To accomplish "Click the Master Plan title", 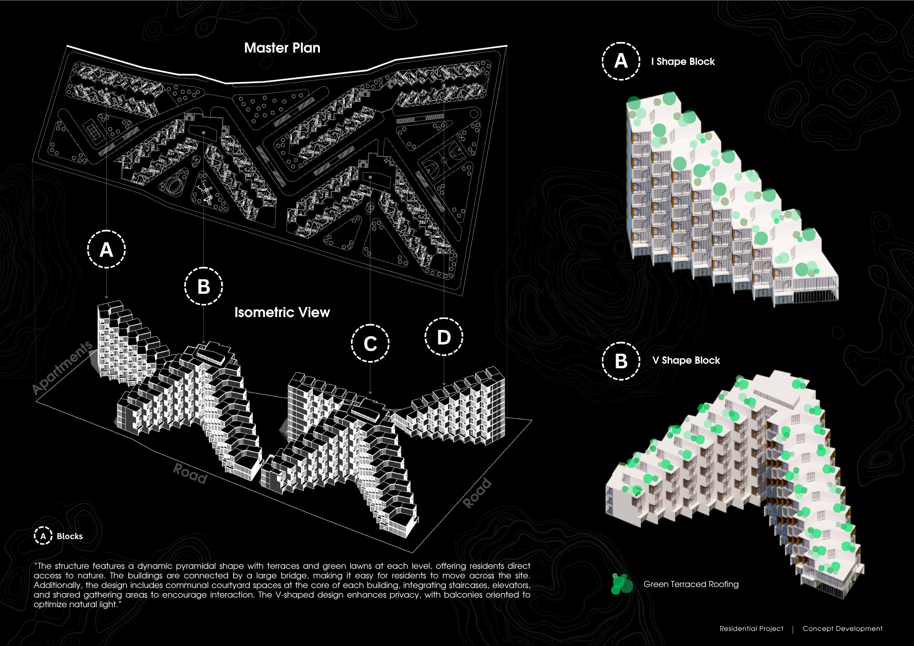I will [x=282, y=48].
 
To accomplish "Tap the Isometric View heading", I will [x=282, y=312].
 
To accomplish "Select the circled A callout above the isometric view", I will [x=106, y=249].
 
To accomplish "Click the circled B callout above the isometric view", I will [x=203, y=286].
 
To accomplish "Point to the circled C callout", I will [x=370, y=344].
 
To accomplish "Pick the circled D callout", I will [x=444, y=337].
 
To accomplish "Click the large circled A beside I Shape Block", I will [x=621, y=61].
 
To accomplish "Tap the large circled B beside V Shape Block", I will [x=621, y=361].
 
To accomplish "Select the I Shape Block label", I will [x=683, y=62].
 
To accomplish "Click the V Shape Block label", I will [x=686, y=360].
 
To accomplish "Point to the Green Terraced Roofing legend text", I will [x=691, y=584].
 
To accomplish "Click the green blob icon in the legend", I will [x=622, y=584].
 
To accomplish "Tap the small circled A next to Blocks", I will [x=43, y=536].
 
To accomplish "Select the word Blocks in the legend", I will [x=70, y=536].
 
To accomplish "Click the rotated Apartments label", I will [x=63, y=367].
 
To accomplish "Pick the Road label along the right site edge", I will [x=477, y=493].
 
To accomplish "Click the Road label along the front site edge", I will [x=190, y=473].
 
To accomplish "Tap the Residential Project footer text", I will [x=751, y=629].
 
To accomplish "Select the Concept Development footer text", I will [x=842, y=629].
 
